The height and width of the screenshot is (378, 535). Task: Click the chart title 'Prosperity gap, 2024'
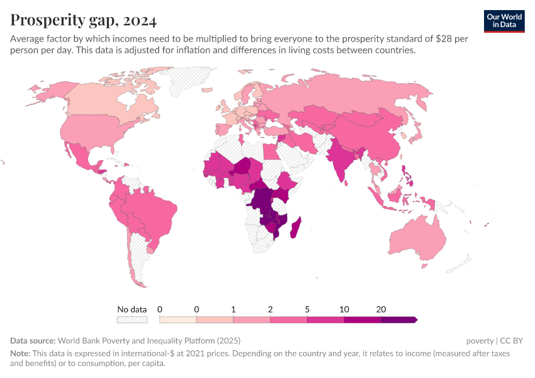84,20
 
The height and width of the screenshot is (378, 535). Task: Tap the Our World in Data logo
504,21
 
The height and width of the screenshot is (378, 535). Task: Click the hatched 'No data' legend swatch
132,320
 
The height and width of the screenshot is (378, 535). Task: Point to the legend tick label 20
381,309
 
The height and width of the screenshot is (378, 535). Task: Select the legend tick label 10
344,309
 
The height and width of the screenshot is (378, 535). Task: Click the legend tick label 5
307,309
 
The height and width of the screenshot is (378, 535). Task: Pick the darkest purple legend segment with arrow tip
399,320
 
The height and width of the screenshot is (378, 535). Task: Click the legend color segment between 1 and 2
252,320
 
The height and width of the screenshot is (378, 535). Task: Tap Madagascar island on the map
295,226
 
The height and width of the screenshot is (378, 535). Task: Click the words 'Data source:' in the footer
33,341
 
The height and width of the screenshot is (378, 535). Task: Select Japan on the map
416,134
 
